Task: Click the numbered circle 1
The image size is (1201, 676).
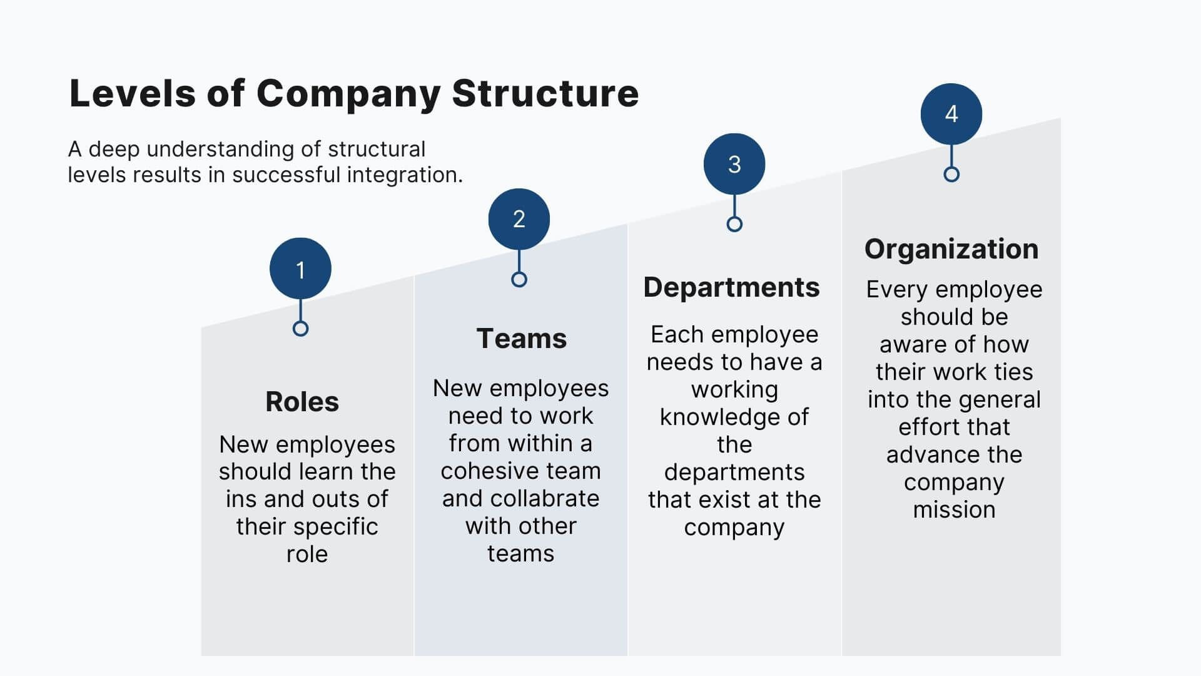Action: coord(300,269)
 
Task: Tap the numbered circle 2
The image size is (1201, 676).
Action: coord(519,219)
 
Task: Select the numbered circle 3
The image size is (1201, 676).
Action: coord(734,164)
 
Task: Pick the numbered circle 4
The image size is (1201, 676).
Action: coord(951,114)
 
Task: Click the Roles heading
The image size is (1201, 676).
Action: coord(302,402)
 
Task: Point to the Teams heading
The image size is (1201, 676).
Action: coord(521,339)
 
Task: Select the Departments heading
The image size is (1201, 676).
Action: coord(731,287)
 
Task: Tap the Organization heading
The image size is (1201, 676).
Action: coord(951,249)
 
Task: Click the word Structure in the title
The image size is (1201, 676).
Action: coord(545,94)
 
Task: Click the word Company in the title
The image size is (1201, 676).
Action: coord(348,94)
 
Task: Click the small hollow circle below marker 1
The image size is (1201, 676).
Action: coord(300,329)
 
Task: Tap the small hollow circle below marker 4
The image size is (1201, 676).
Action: coord(951,174)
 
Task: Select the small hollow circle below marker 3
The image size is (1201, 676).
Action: coord(734,224)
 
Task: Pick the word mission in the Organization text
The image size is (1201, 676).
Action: coord(954,510)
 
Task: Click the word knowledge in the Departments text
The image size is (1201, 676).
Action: coord(734,417)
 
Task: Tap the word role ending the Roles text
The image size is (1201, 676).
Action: coord(307,554)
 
